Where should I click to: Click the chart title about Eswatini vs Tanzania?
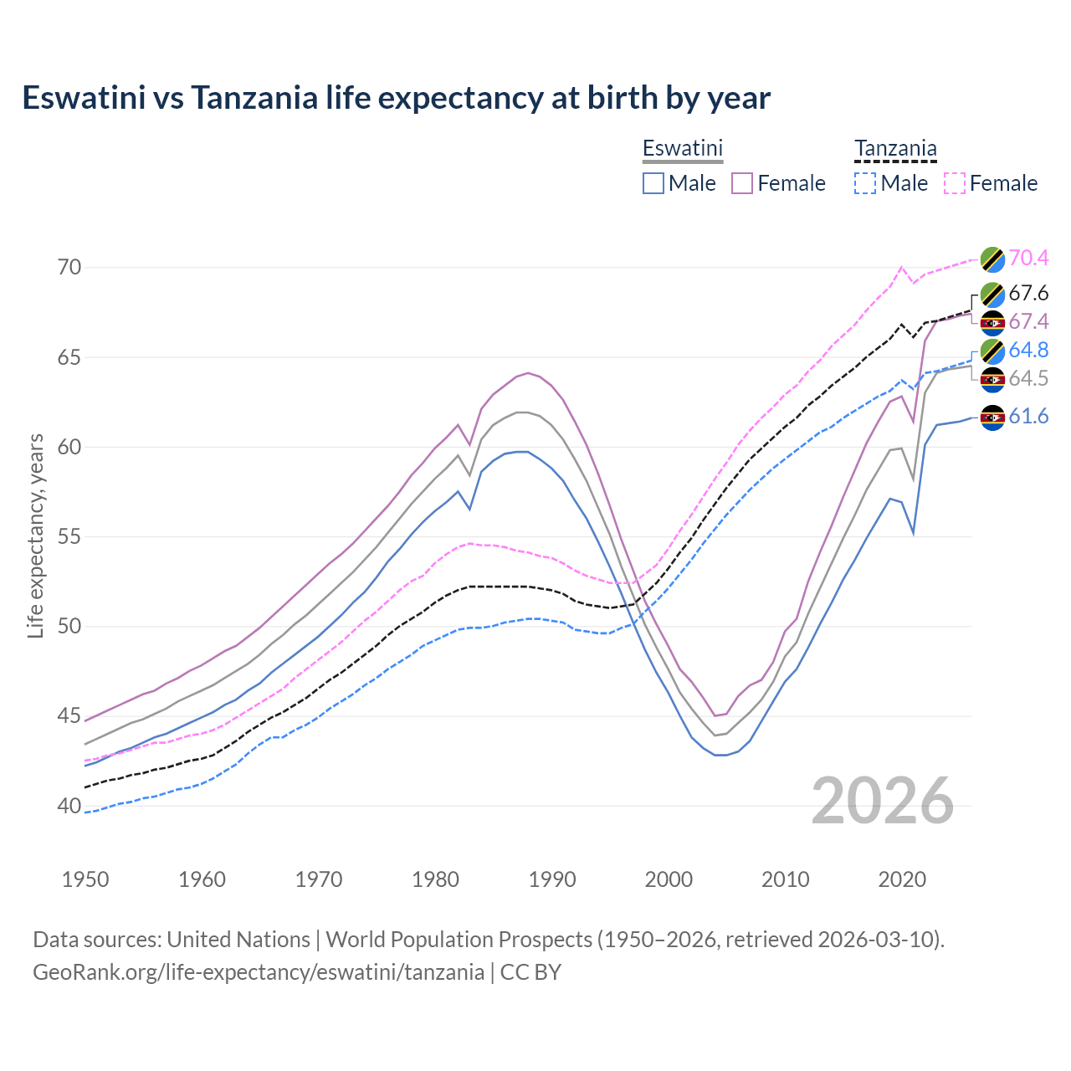pyautogui.click(x=396, y=98)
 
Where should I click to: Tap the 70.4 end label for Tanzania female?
pyautogui.click(x=1028, y=258)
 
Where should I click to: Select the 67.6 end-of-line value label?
pyautogui.click(x=1028, y=293)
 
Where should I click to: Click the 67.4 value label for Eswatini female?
pyautogui.click(x=1028, y=321)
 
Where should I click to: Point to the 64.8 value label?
pyautogui.click(x=1028, y=350)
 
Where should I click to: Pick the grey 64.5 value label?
pyautogui.click(x=1028, y=378)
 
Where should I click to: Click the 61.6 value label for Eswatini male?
pyautogui.click(x=1028, y=416)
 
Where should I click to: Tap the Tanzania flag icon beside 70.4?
pyautogui.click(x=992, y=259)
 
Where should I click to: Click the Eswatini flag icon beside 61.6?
pyautogui.click(x=992, y=417)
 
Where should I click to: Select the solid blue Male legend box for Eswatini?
pyautogui.click(x=653, y=183)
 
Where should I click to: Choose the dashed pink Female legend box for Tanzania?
pyautogui.click(x=955, y=183)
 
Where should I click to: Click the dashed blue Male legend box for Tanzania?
pyautogui.click(x=865, y=183)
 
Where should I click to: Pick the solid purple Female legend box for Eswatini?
pyautogui.click(x=742, y=183)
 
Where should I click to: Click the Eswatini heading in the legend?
pyautogui.click(x=682, y=148)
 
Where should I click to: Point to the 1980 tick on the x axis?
pyautogui.click(x=435, y=879)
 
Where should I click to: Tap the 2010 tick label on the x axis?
pyautogui.click(x=785, y=879)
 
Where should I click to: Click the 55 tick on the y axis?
pyautogui.click(x=69, y=536)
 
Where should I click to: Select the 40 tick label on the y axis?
pyautogui.click(x=69, y=806)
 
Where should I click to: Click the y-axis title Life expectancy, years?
pyautogui.click(x=35, y=536)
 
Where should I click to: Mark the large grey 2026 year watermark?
pyautogui.click(x=883, y=801)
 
